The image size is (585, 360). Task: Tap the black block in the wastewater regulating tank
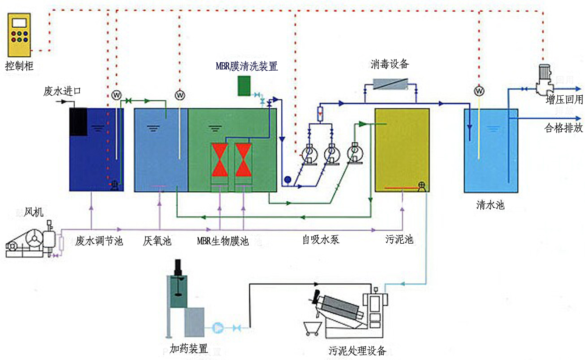78,121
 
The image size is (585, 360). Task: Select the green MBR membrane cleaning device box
244,86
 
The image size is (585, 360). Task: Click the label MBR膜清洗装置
246,67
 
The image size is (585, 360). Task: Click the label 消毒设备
390,64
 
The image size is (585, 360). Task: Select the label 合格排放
563,128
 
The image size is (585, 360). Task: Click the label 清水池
490,205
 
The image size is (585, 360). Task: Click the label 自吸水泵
321,239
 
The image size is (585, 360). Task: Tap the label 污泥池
399,239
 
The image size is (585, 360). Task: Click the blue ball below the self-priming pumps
287,180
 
